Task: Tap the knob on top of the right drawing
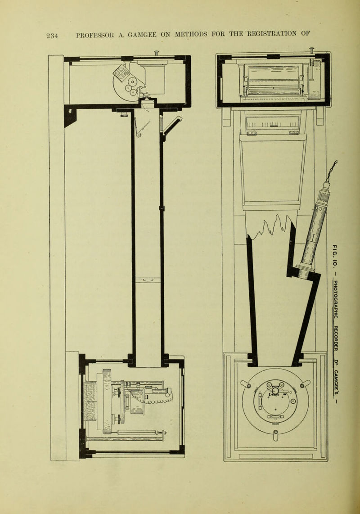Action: [311, 50]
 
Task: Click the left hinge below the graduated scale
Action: [252, 133]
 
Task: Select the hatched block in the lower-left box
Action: [90, 401]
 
